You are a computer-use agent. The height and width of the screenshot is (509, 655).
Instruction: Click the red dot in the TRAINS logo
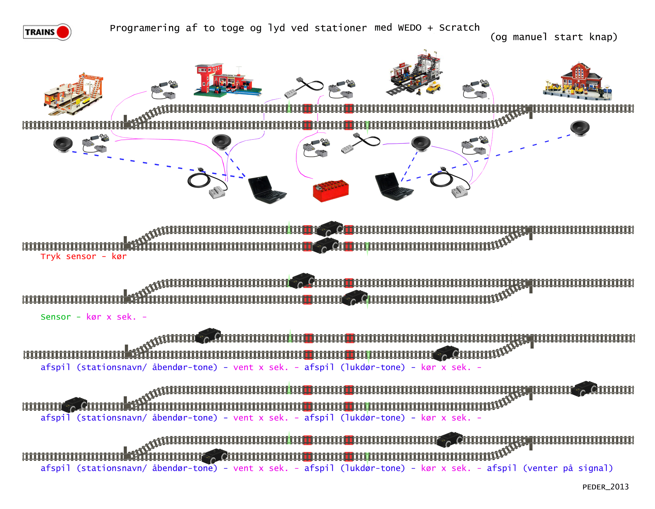tap(63, 32)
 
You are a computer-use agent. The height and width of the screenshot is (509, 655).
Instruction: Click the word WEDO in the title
tap(409, 28)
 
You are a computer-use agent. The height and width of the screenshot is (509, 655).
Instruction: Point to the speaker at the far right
tap(579, 128)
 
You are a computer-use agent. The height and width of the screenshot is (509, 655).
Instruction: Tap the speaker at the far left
tap(63, 144)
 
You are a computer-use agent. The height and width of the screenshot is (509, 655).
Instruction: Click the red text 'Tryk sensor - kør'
tap(83, 256)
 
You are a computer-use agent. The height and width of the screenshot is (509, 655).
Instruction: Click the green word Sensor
tap(56, 317)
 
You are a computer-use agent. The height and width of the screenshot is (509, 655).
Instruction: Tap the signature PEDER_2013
tap(605, 487)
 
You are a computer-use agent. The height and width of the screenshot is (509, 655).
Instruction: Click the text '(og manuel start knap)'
tap(553, 37)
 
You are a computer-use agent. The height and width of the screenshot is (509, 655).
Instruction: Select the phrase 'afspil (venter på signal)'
tap(549, 468)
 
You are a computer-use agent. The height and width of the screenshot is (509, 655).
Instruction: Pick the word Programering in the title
tap(145, 28)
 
